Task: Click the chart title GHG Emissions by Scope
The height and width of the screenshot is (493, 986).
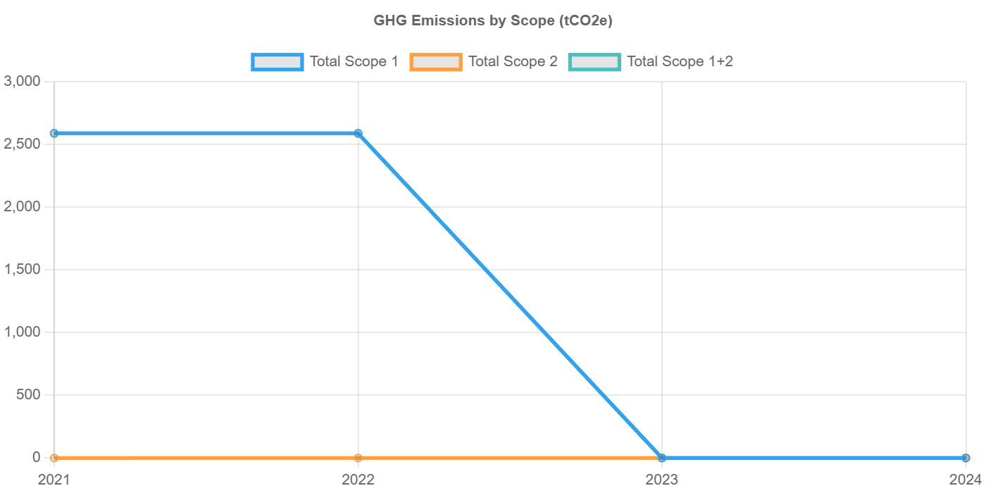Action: point(493,20)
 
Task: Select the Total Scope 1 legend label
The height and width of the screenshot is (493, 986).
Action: point(354,62)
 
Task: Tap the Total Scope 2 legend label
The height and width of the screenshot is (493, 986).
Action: point(513,62)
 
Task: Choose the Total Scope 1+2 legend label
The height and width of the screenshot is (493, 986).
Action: point(680,62)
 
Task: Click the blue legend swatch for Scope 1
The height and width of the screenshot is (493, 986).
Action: point(277,62)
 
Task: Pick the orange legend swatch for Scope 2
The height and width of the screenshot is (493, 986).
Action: point(436,62)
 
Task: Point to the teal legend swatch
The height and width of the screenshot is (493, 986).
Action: point(595,62)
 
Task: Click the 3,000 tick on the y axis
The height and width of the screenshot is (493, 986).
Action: point(23,82)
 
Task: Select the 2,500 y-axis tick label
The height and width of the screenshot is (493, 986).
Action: point(23,144)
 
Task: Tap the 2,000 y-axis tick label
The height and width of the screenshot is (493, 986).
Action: point(23,207)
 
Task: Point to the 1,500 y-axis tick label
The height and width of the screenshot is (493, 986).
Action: point(23,270)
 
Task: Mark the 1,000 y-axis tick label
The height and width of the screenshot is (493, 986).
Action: point(23,332)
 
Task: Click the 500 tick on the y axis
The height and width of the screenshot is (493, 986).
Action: point(28,395)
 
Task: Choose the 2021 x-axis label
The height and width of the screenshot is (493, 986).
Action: point(54,480)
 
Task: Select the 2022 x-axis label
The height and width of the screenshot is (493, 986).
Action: point(358,480)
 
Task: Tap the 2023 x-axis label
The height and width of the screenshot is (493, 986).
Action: point(661,480)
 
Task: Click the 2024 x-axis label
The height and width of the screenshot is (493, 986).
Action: point(966,480)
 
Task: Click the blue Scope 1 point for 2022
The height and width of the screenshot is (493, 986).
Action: point(358,134)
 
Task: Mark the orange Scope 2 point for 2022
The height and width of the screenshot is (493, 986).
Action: point(358,458)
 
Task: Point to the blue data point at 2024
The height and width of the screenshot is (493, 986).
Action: point(966,458)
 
